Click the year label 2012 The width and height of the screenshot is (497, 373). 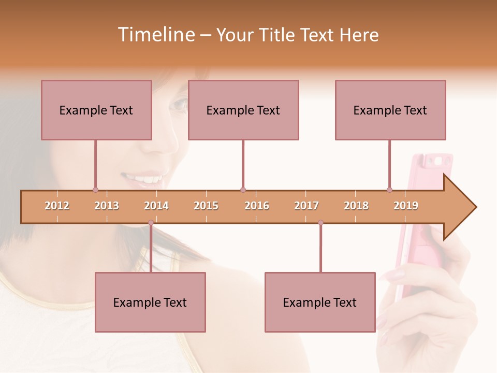click(57, 206)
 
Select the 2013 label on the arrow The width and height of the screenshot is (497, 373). click(107, 206)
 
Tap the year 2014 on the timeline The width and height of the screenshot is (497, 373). click(156, 206)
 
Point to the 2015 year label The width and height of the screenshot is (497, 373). click(206, 206)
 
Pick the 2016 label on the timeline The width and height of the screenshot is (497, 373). click(257, 206)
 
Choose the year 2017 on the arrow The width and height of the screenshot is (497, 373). click(306, 206)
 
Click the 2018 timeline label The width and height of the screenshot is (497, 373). click(356, 206)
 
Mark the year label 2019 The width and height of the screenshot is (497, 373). click(406, 206)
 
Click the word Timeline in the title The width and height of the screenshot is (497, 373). click(155, 35)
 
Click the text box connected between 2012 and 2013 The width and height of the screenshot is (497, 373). click(96, 110)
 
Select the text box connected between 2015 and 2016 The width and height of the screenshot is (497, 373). click(243, 110)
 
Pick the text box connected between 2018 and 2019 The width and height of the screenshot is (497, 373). click(390, 110)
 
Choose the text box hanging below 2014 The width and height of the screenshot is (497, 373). click(150, 302)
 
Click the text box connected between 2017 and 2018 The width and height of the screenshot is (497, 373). click(320, 302)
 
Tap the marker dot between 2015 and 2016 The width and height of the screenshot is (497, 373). click(243, 190)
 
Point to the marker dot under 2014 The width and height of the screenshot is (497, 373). click(151, 223)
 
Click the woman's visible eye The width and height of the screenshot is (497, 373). click(179, 104)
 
